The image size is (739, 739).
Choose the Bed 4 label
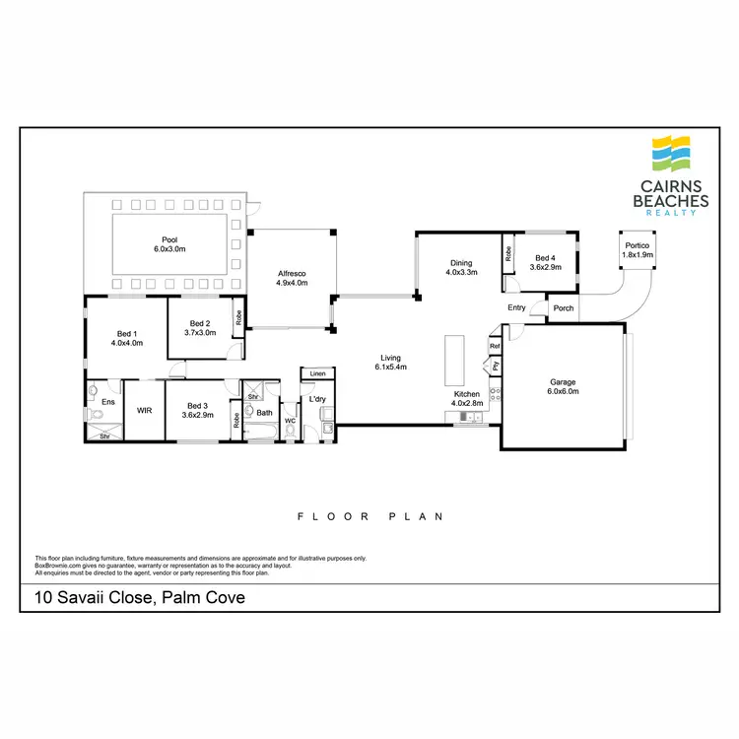(x=545, y=261)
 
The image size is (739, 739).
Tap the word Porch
(x=564, y=308)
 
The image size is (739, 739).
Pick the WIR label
(x=144, y=410)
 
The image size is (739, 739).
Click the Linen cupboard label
(x=317, y=374)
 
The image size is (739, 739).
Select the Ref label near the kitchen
(x=495, y=347)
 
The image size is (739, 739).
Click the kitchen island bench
(x=453, y=360)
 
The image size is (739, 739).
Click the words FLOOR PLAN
(x=371, y=516)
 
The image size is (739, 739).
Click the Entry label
(x=516, y=307)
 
